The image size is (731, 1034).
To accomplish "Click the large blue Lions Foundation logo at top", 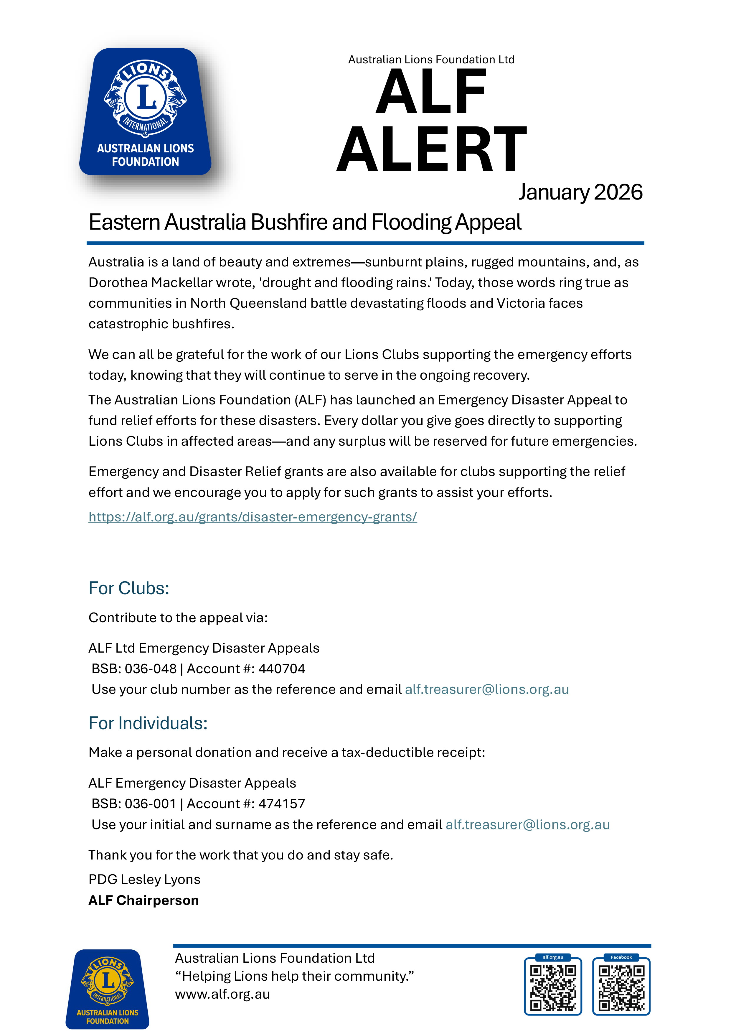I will coord(145,112).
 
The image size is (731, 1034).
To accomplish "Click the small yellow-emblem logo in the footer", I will coord(108,989).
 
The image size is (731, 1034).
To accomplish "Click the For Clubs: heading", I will coord(129,588).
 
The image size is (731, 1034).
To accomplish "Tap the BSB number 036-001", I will coord(150,804).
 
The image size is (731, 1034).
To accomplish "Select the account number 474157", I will coord(282,804).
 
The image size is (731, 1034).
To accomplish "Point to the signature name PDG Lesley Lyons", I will coord(144,879).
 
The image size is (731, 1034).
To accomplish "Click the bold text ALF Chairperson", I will coord(143,900).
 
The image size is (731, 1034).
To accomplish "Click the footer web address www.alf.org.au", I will coord(222,994).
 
